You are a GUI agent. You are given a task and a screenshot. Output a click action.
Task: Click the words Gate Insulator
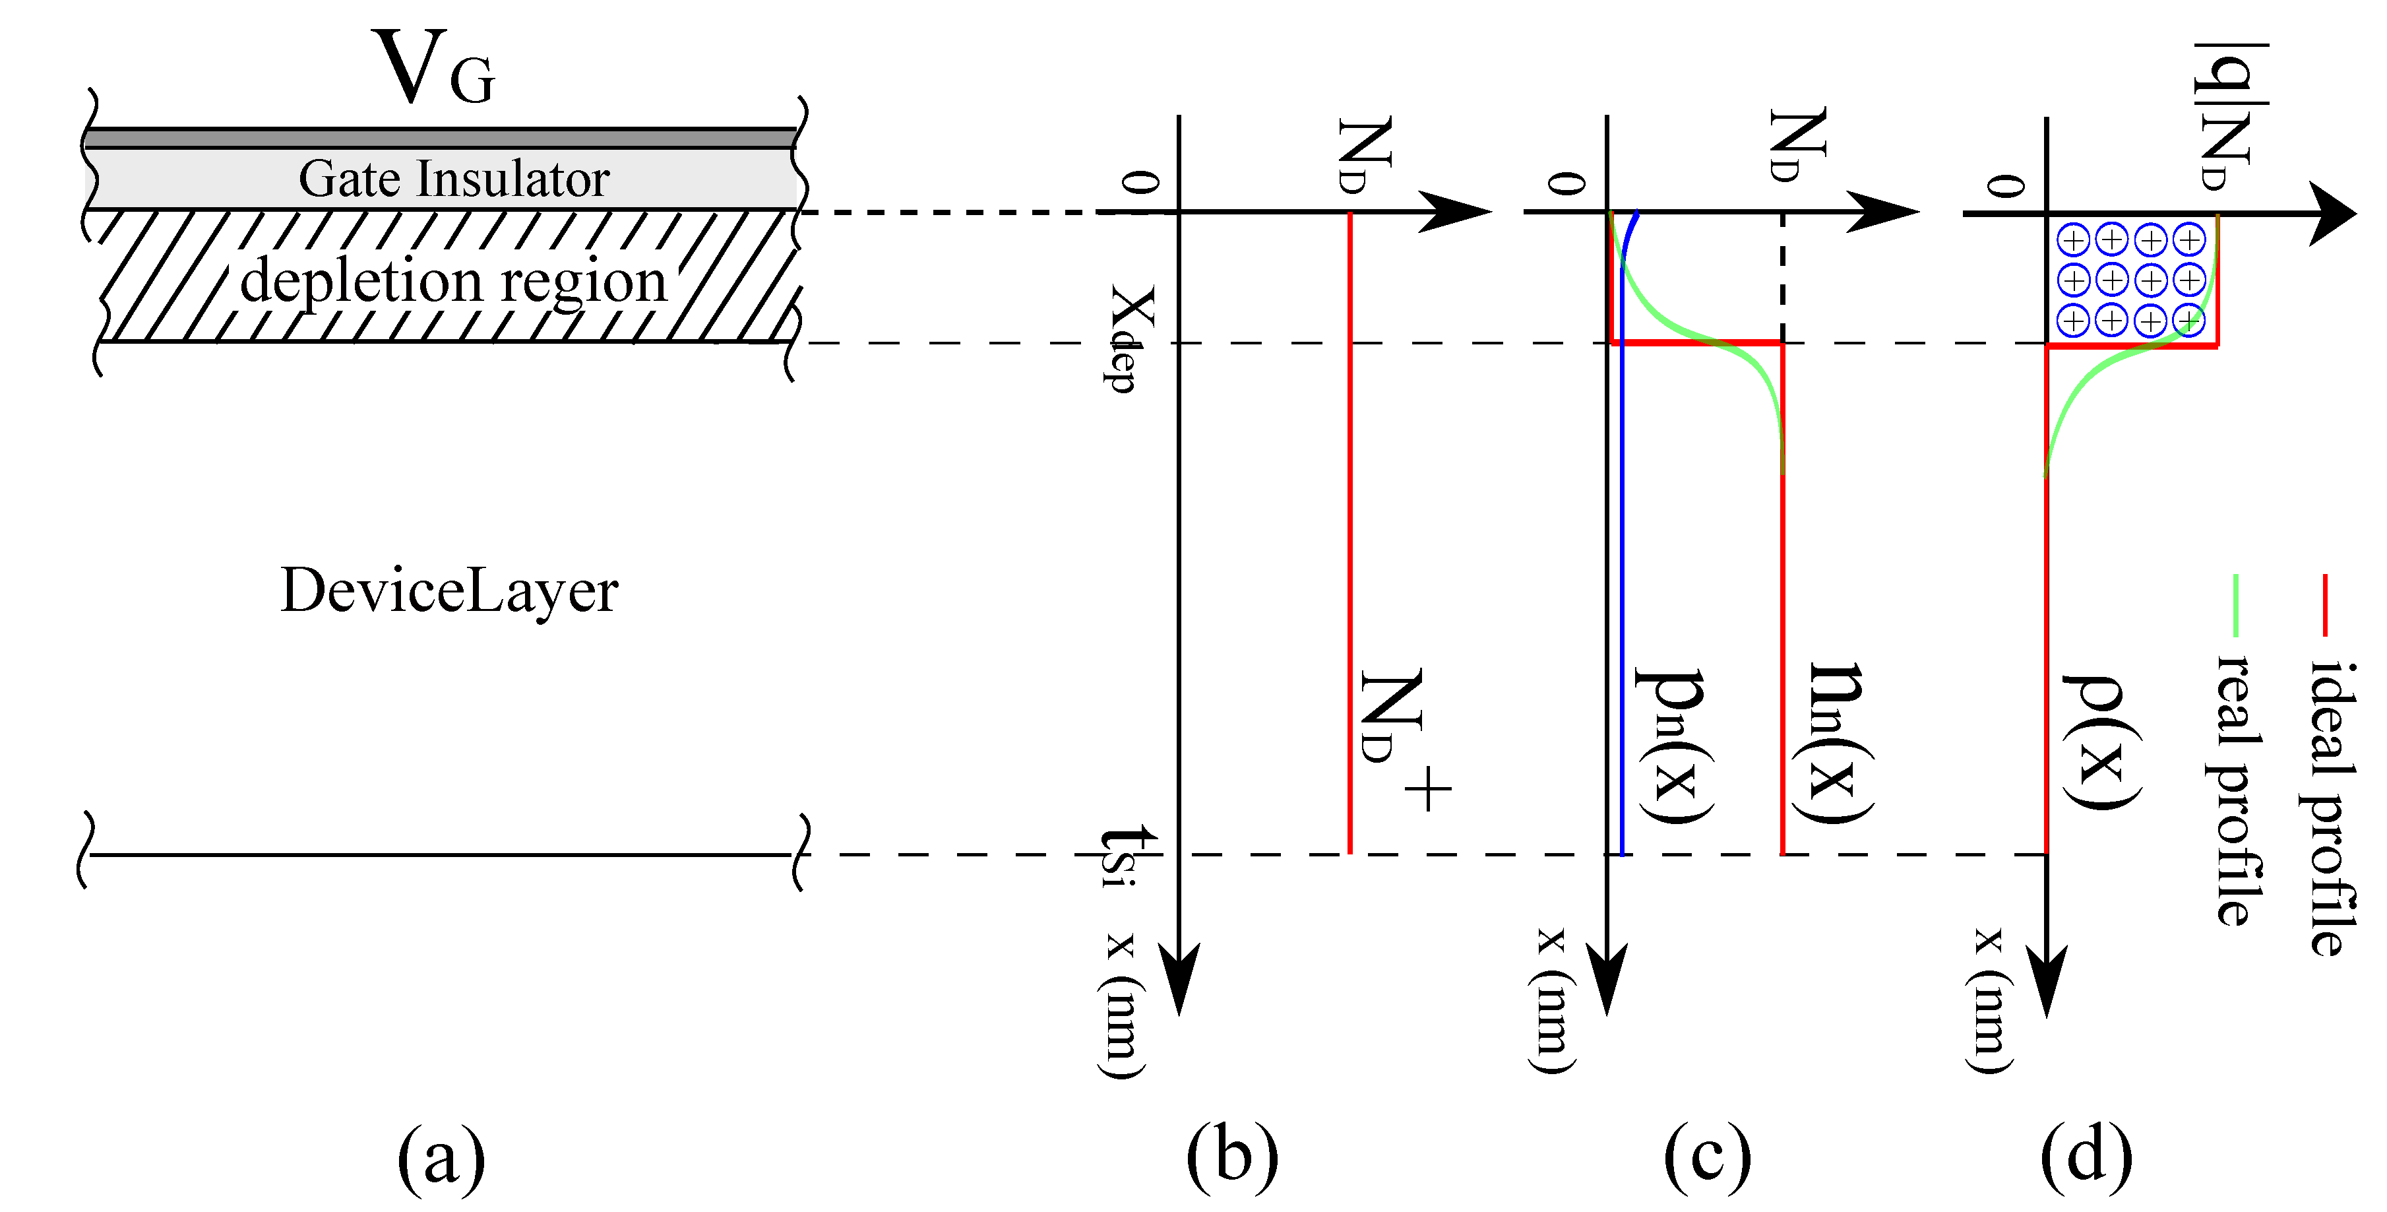pos(453,179)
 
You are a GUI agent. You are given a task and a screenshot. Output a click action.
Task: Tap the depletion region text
pos(453,281)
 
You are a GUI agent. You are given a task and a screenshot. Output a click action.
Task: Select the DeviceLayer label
pos(449,590)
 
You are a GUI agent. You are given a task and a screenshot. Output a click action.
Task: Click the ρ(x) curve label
pos(2101,742)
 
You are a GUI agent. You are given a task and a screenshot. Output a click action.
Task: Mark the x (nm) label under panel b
pos(1122,1005)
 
